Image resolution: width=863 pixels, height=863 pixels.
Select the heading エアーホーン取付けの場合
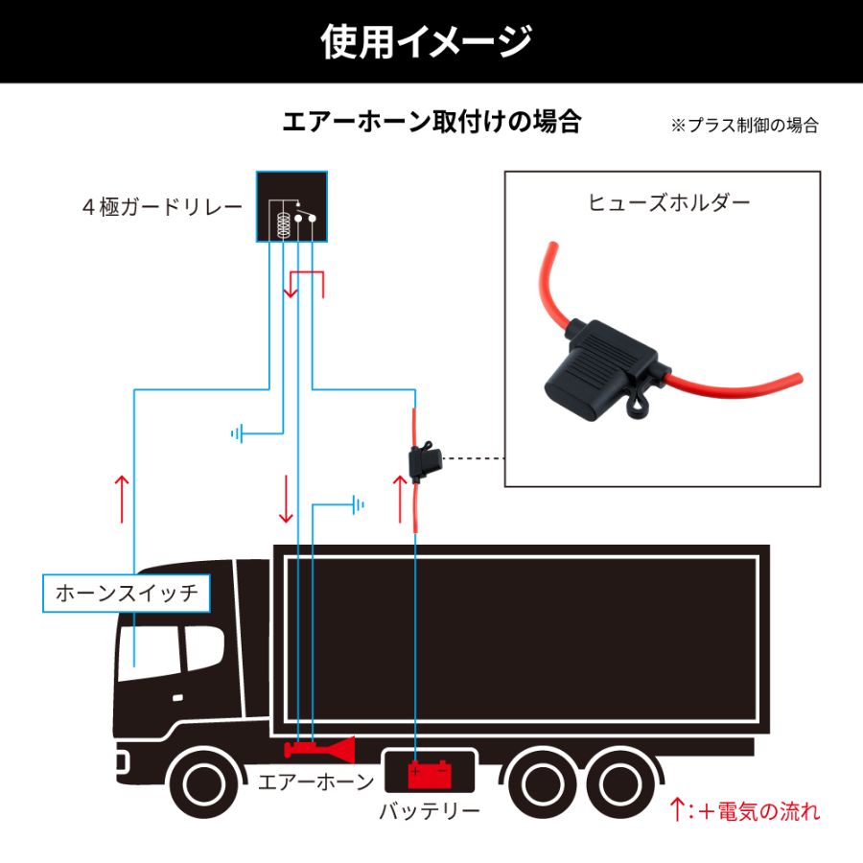coord(431,122)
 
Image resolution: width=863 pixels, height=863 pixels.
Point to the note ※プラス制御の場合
coord(744,126)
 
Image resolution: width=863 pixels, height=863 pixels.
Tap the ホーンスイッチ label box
coord(127,593)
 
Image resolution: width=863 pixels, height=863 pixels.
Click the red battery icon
coord(428,773)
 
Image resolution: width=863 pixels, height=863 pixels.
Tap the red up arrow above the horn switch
coord(123,498)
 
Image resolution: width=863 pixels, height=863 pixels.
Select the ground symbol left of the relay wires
coord(238,433)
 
